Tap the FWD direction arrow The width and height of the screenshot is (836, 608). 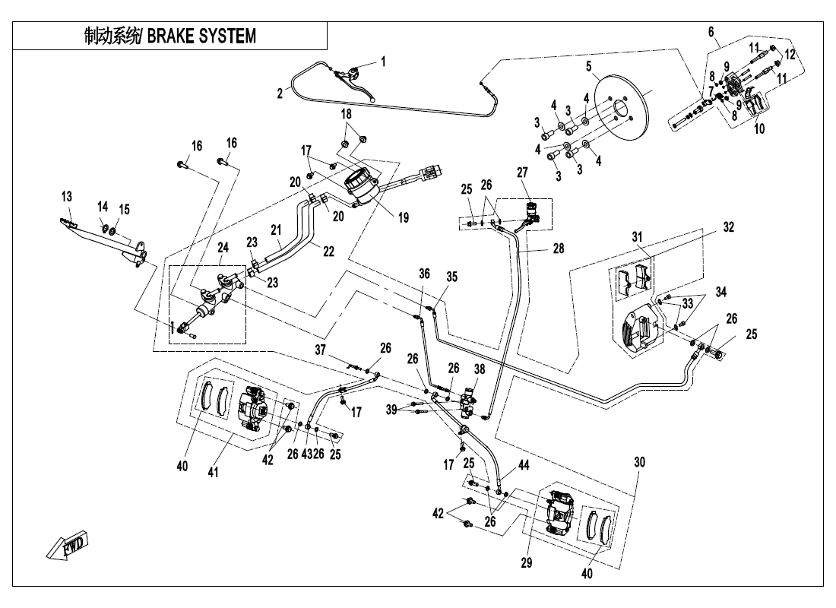click(67, 545)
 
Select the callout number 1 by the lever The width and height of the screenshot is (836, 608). click(383, 62)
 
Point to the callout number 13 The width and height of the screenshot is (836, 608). click(67, 196)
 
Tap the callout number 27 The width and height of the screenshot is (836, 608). click(522, 173)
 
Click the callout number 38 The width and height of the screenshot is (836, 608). click(479, 369)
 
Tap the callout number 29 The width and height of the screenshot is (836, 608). click(526, 563)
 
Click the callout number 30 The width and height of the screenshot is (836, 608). click(638, 462)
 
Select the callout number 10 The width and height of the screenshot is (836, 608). click(759, 128)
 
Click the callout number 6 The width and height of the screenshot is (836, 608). click(711, 32)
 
